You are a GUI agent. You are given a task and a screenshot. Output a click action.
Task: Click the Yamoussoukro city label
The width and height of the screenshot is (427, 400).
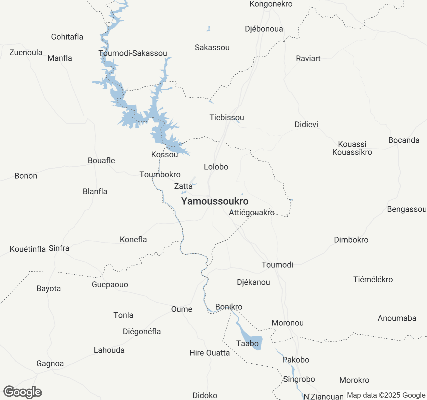(x=215, y=201)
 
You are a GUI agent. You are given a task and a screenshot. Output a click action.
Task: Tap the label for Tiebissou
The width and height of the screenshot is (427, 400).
(x=227, y=118)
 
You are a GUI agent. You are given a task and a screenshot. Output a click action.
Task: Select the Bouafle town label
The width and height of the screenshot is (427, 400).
(x=101, y=161)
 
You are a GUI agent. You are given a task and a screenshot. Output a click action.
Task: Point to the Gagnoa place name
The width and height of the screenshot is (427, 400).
(x=50, y=364)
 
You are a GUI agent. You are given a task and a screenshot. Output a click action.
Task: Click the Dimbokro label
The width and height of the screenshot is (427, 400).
(x=351, y=240)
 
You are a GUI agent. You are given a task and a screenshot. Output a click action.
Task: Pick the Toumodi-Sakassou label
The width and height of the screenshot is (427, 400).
(x=133, y=53)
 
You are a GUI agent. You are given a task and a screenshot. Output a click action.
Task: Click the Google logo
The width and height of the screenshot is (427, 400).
(x=23, y=392)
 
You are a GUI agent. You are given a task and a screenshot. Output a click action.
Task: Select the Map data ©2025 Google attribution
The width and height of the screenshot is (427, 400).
(x=386, y=395)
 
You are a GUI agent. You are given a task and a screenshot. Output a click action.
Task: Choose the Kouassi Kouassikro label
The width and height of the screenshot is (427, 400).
(x=352, y=148)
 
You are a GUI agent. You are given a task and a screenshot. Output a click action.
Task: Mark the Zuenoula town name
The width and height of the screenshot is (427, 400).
(x=26, y=53)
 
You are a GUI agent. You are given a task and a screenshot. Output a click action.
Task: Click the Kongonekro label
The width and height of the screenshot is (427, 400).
(x=271, y=4)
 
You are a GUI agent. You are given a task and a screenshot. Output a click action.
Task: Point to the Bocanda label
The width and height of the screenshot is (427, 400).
(x=404, y=140)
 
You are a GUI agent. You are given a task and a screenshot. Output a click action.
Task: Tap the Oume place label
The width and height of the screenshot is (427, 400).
(x=181, y=309)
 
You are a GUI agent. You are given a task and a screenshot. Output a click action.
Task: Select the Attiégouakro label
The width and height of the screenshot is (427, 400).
(x=252, y=213)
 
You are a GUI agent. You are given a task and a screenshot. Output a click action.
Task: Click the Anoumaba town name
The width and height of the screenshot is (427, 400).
(x=397, y=318)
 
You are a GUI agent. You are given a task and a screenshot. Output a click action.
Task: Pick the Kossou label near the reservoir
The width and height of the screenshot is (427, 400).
(x=164, y=155)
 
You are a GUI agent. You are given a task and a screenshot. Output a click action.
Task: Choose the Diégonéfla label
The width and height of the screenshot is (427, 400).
(x=142, y=332)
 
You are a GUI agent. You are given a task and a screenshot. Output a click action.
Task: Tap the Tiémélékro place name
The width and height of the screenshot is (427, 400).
(x=373, y=280)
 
